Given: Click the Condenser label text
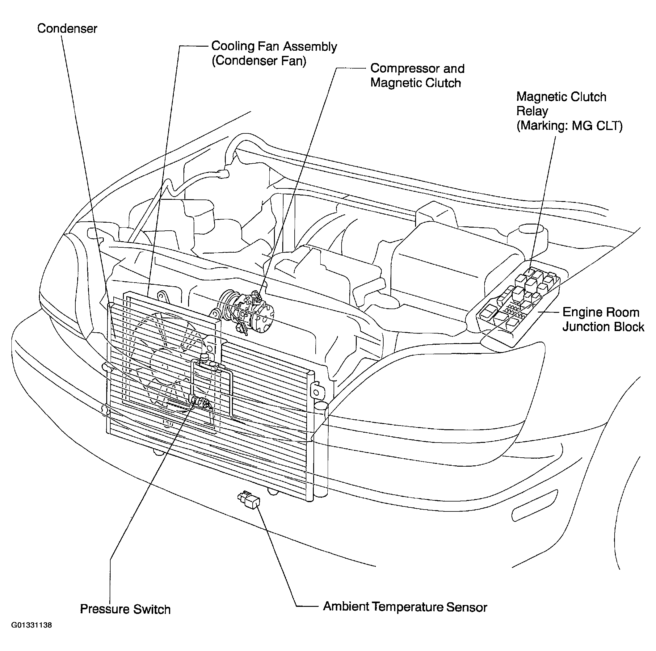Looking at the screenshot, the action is click(67, 28).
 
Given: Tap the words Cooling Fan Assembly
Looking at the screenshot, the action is click(274, 46).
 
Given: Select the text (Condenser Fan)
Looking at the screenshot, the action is click(259, 61).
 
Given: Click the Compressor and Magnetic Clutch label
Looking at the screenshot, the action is click(417, 75).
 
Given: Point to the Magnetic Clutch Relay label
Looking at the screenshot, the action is click(561, 104).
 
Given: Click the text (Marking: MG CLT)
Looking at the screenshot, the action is click(570, 126).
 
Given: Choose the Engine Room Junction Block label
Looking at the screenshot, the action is click(603, 319).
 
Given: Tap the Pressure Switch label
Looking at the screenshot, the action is click(125, 609).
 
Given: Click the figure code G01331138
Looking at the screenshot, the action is click(32, 635).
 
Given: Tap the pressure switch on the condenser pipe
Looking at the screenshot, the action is click(201, 402).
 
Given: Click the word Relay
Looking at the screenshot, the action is click(532, 111).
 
